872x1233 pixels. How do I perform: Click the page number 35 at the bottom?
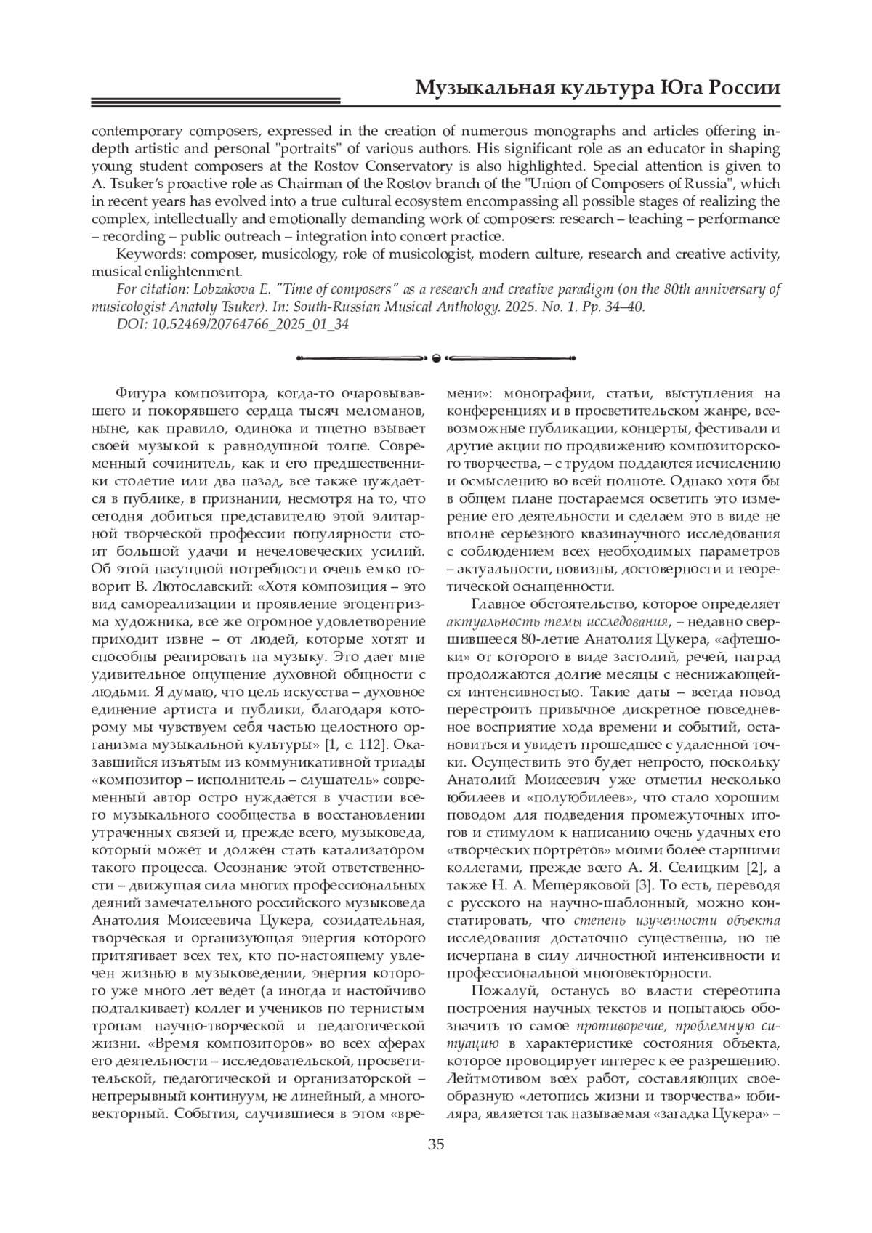[436, 1145]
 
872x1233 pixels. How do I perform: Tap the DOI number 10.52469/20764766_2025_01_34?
[251, 324]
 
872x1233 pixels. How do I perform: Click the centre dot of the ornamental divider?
[436, 357]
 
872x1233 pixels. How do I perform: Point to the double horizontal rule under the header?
[216, 102]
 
